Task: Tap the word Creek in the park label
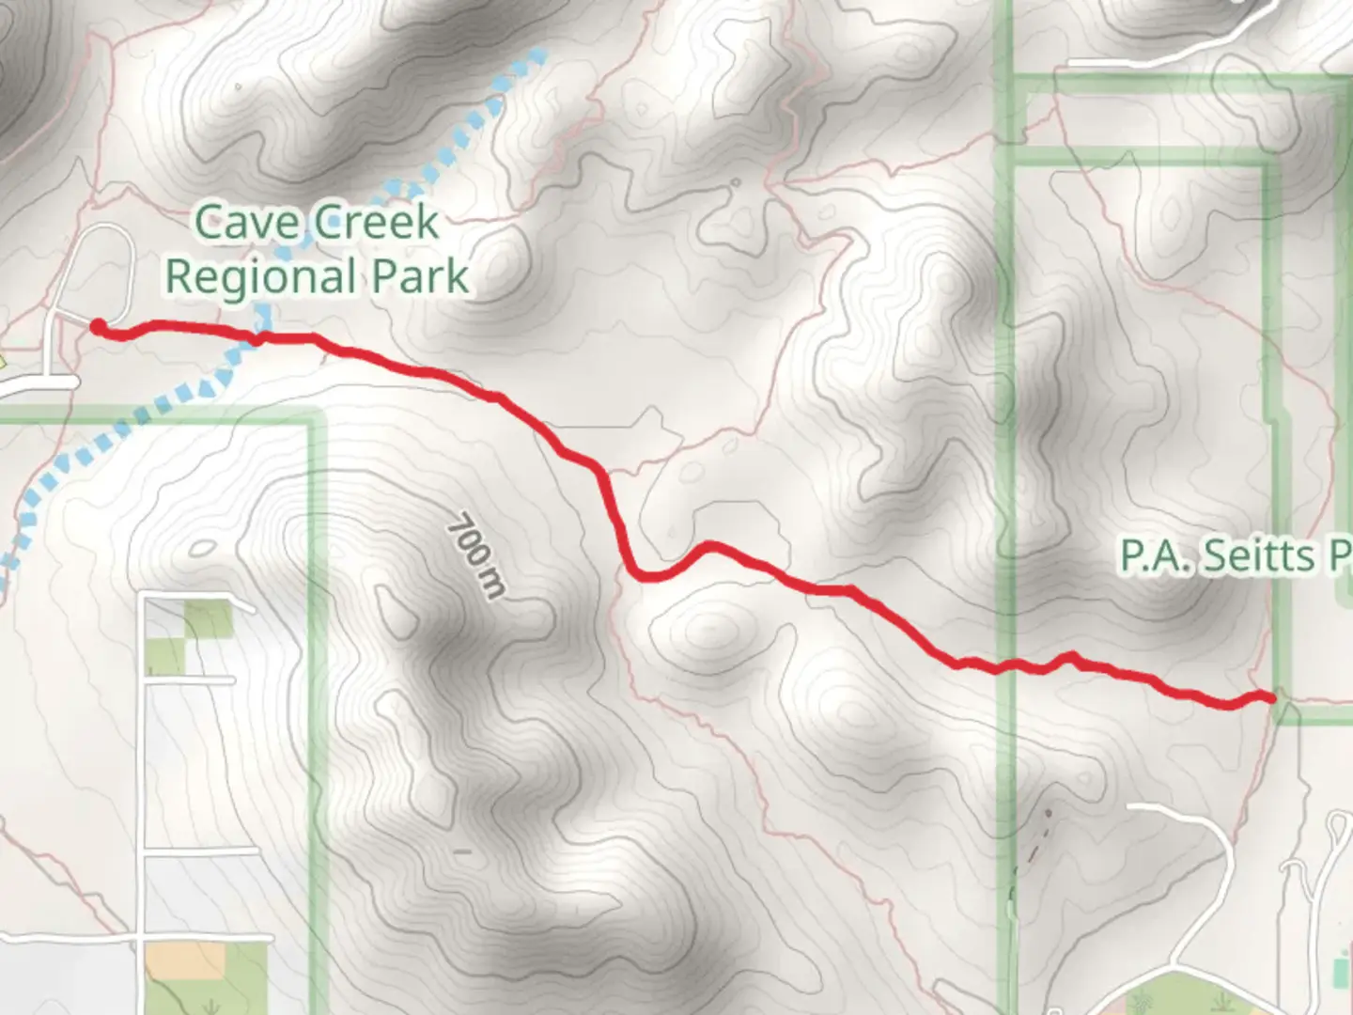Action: (376, 224)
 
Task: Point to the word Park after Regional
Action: (420, 276)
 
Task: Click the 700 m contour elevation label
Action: (476, 554)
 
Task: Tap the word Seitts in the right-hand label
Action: (1259, 556)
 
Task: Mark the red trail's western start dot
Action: (98, 326)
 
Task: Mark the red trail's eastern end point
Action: (1270, 697)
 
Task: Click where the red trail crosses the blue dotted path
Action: (257, 336)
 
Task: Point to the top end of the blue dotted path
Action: (539, 55)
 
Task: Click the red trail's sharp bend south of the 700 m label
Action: (643, 574)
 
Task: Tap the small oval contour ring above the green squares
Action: (203, 548)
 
